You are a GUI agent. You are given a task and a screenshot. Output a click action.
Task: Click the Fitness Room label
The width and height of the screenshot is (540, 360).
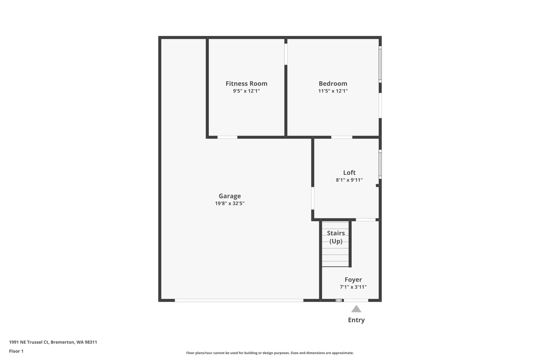coord(246,84)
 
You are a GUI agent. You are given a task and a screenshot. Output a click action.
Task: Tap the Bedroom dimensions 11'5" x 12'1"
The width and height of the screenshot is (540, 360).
coord(333,91)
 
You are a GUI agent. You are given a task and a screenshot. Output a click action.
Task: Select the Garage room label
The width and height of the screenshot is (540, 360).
coord(230,196)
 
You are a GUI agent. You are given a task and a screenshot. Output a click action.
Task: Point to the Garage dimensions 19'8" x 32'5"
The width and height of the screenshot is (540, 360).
coord(230,203)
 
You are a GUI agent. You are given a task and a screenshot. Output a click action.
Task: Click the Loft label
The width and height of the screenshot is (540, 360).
coord(349,172)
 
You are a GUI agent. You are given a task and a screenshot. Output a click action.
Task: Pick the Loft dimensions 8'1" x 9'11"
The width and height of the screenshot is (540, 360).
coord(349,180)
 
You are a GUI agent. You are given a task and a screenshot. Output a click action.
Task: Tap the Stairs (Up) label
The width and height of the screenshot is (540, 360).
coord(336,237)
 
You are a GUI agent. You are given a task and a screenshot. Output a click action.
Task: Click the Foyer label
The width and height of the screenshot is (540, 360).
coord(353,280)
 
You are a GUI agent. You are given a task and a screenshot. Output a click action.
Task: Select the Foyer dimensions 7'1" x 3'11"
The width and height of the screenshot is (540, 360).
coord(353,287)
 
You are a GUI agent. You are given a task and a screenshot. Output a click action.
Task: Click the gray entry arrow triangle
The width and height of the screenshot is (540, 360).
coord(356,309)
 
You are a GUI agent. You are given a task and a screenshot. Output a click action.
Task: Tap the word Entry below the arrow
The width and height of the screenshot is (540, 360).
coord(356,320)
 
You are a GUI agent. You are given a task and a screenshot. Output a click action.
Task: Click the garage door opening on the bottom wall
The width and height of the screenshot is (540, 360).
coord(239,300)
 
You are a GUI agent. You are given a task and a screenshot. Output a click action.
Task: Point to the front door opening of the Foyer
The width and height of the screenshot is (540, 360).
coord(356,300)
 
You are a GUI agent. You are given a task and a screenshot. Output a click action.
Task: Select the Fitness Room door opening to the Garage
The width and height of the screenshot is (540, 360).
coord(227,137)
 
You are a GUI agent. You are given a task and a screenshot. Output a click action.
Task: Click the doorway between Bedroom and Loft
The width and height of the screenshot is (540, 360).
coord(342,137)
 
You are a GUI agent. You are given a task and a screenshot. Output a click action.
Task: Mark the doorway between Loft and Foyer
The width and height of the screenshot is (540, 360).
coord(366,219)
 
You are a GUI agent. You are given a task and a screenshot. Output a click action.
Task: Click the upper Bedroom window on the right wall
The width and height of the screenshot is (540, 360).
coord(380,63)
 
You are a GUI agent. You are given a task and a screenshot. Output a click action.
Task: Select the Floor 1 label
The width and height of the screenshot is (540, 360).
coord(16,351)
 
